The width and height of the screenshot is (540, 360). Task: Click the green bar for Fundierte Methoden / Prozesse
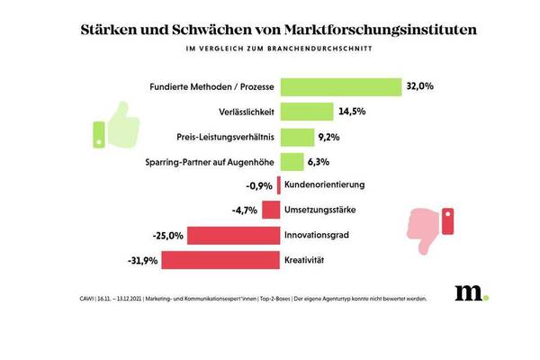[340, 87]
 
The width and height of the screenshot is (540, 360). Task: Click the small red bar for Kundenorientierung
[279, 185]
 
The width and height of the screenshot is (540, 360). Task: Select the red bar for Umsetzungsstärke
[270, 211]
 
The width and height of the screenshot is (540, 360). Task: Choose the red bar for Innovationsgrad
[234, 236]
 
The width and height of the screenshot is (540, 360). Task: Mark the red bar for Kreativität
[220, 261]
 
